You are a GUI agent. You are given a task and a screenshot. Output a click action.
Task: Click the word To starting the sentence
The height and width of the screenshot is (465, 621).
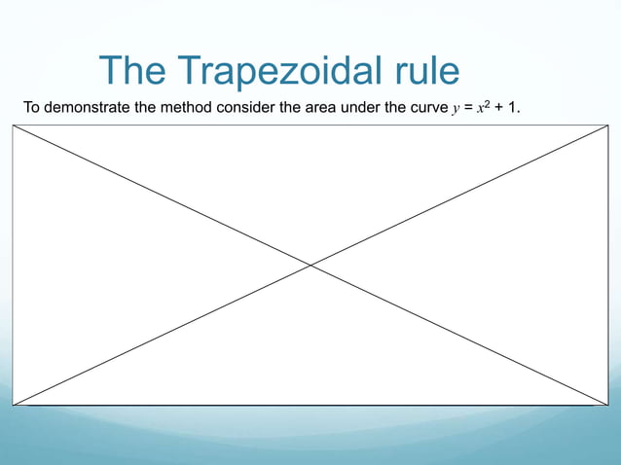click(32, 107)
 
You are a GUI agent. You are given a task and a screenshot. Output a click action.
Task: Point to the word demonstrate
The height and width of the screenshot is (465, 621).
click(88, 107)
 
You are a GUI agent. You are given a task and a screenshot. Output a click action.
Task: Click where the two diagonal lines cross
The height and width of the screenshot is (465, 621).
click(310, 265)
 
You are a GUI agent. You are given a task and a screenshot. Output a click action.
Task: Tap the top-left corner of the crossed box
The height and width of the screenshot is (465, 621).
click(13, 125)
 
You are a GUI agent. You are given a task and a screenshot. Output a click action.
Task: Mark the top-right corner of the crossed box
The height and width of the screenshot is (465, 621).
click(608, 125)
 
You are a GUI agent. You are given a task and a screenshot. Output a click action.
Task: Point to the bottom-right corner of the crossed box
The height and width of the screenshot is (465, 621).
click(608, 405)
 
